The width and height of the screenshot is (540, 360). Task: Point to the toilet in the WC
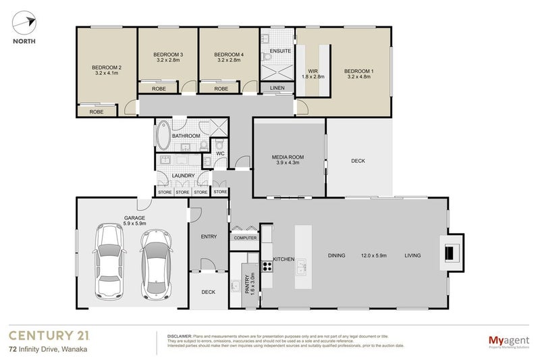tap(220, 145)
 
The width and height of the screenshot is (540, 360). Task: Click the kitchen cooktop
tap(267, 265)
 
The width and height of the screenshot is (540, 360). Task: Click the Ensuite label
tap(279, 51)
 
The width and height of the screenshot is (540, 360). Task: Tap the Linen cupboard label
tap(277, 88)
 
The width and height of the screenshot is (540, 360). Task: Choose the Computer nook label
tap(245, 238)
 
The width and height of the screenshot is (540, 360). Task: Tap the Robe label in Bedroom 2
tap(97, 111)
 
